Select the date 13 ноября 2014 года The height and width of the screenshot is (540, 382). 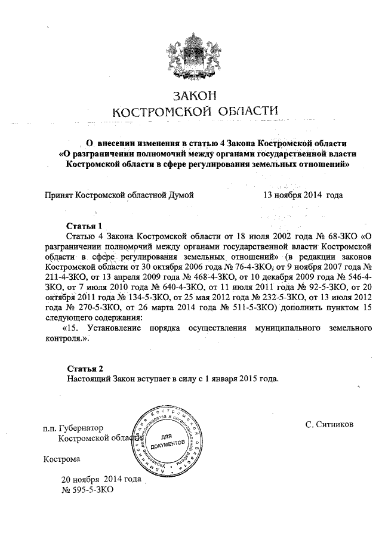tap(303, 195)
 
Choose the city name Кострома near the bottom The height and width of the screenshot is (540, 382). tap(61, 459)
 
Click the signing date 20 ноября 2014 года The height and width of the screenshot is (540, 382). tap(101, 479)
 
